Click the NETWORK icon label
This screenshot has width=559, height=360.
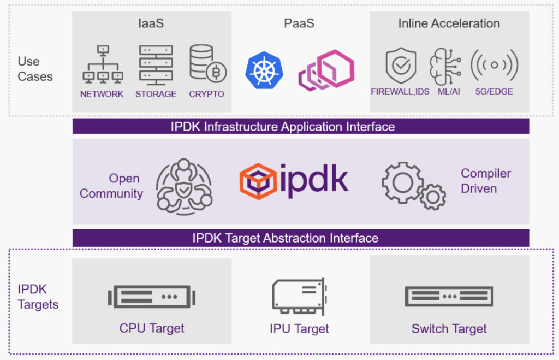click(102, 94)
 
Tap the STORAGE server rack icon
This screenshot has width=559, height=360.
click(156, 65)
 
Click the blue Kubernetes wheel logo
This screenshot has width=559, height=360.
click(264, 70)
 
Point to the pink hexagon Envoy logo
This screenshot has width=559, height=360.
click(326, 70)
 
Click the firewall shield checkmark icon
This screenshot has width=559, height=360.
click(401, 66)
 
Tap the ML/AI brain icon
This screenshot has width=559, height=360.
click(445, 66)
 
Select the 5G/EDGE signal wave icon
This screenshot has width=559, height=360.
click(494, 65)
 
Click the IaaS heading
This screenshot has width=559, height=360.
click(151, 23)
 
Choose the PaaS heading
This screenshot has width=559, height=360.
click(299, 23)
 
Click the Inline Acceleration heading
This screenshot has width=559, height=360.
click(449, 23)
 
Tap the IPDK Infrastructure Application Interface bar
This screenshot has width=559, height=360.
click(301, 127)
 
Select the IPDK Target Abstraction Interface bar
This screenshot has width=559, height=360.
click(301, 238)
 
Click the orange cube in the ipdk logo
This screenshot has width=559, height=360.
click(258, 181)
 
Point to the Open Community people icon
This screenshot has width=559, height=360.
click(184, 187)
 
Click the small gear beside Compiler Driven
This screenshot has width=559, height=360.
click(433, 197)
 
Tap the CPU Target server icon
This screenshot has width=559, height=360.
click(152, 297)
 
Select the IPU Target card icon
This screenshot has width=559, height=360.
click(300, 297)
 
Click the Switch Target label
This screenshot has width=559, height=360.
click(449, 329)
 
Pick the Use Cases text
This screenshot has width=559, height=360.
click(35, 69)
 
